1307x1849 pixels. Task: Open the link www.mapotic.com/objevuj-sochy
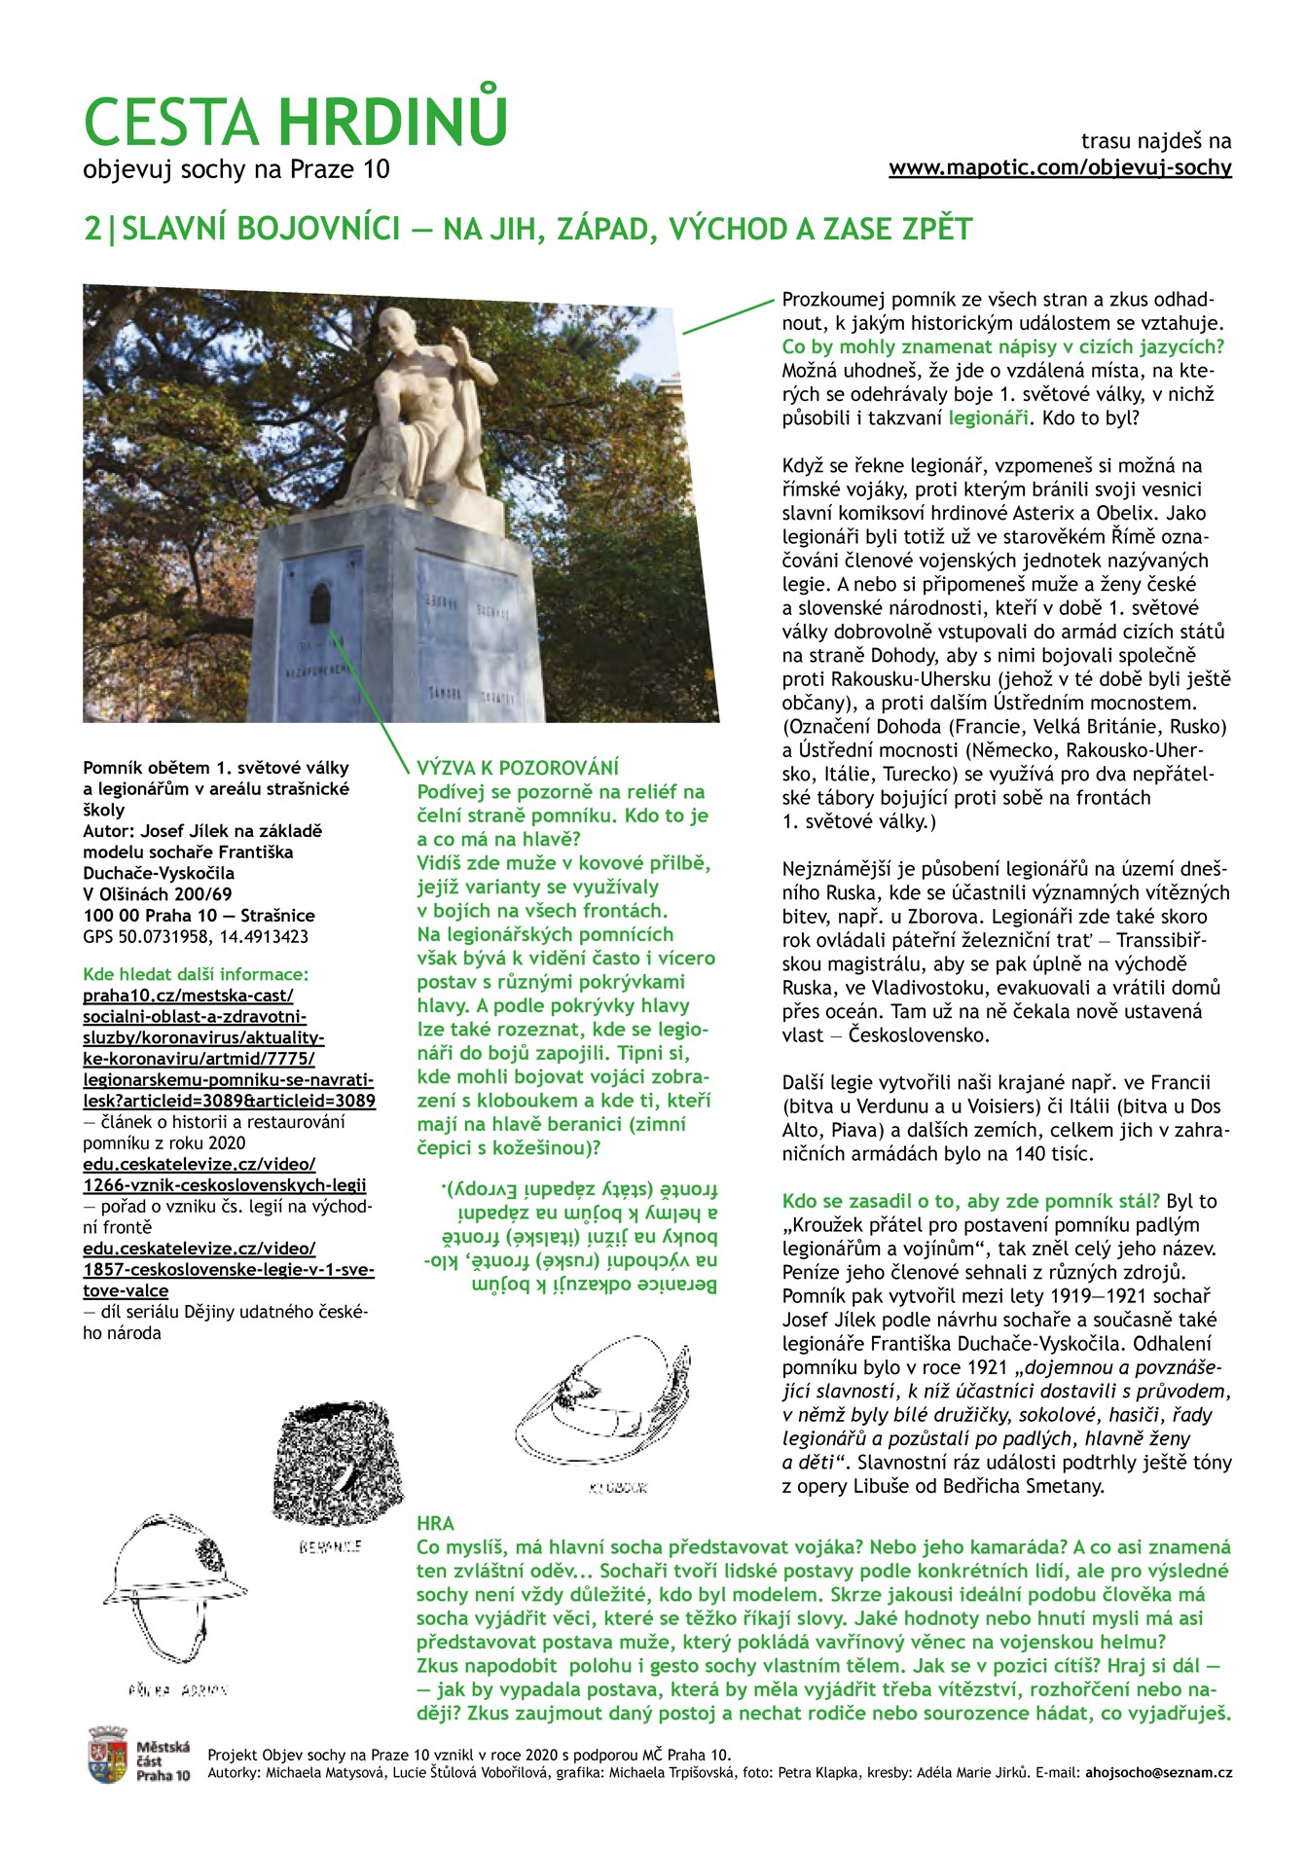coord(1060,167)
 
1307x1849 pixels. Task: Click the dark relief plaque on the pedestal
coord(319,605)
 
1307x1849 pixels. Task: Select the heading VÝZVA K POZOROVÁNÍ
coord(518,768)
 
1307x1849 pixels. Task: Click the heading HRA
coord(435,1523)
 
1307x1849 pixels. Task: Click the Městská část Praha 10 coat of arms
coord(107,1755)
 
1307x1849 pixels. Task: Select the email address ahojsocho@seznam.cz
coord(1158,1772)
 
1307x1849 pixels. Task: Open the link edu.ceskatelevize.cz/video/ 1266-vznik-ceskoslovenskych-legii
coord(224,1175)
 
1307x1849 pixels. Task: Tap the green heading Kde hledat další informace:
coord(196,974)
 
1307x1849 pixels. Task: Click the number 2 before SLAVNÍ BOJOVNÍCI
coord(92,229)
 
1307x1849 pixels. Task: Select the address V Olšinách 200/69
coord(158,893)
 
